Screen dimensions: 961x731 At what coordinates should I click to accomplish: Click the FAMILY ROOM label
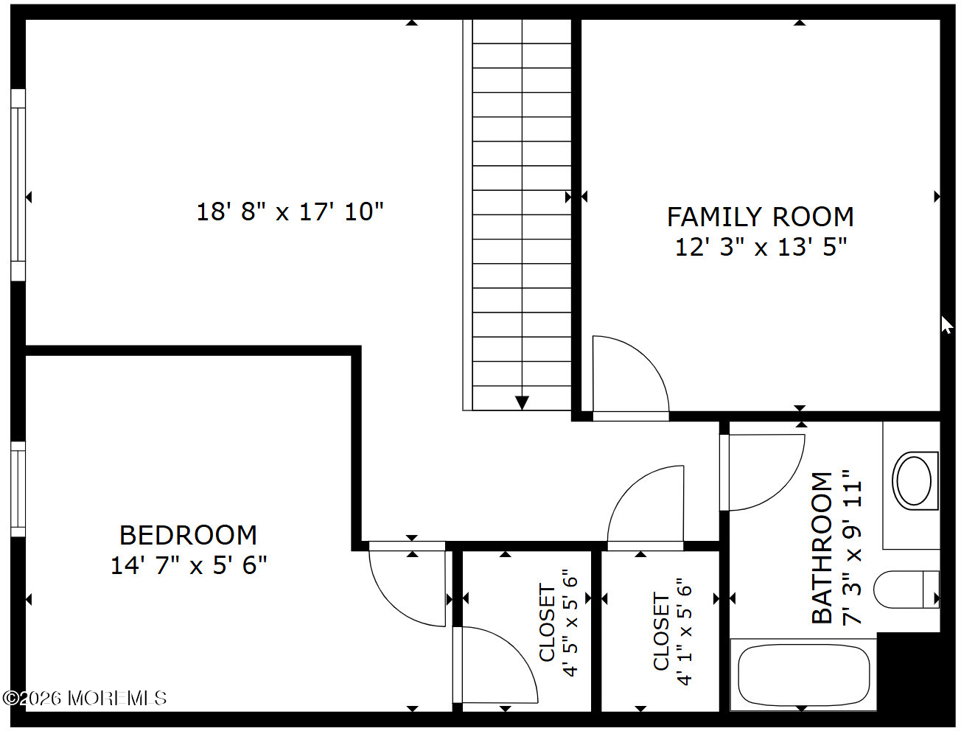pos(760,217)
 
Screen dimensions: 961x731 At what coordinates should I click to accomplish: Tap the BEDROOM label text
pos(188,535)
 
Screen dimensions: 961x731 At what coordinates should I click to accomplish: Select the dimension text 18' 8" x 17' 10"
pos(290,212)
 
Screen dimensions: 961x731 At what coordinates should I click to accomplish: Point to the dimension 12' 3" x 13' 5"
pos(761,247)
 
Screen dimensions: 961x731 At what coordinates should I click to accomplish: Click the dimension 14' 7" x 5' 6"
pos(189,565)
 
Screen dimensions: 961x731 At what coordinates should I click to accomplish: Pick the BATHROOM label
pos(822,548)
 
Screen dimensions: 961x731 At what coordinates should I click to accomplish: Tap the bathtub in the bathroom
pos(804,674)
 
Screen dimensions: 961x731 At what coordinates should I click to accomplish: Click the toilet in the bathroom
pos(906,590)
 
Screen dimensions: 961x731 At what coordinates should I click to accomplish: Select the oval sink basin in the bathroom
pos(914,481)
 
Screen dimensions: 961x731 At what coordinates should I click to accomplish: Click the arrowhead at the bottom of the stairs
pos(522,402)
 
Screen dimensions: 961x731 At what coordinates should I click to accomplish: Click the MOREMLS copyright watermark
pos(85,698)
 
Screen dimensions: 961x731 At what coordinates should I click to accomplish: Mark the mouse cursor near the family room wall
pos(947,325)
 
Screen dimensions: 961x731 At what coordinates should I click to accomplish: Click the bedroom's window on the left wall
pos(18,489)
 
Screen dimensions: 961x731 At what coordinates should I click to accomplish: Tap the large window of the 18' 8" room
pos(18,185)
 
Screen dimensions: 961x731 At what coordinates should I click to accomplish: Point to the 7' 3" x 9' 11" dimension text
pos(851,548)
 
